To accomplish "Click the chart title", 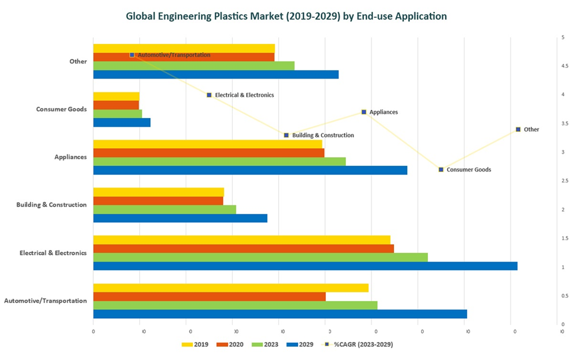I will pos(286,16).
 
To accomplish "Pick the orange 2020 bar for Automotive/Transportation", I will pos(209,296).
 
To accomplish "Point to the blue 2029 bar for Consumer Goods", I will pos(121,122).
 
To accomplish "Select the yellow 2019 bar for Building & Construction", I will pos(158,192).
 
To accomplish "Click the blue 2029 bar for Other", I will pos(215,75).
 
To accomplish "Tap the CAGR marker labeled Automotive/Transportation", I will pos(132,55).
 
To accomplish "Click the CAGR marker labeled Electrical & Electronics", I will pos(209,95).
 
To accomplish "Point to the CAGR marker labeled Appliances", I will pos(364,112).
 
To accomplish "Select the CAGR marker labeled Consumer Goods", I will pos(441,170).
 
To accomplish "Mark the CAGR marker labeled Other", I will pos(518,130).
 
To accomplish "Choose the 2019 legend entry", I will pos(195,345).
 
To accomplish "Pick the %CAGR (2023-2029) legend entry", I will pos(358,345).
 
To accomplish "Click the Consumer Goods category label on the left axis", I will pos(61,109).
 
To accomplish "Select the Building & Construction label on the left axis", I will pos(52,205).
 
